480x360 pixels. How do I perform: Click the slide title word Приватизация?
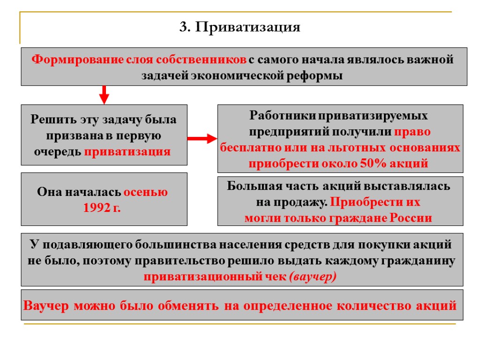click(247, 28)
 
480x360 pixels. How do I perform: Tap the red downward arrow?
click(105, 94)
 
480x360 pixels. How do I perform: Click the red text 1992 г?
click(102, 208)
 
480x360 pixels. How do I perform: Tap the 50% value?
click(371, 164)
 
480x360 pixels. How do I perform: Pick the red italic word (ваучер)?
click(313, 277)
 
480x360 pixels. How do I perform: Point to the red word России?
click(411, 218)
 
